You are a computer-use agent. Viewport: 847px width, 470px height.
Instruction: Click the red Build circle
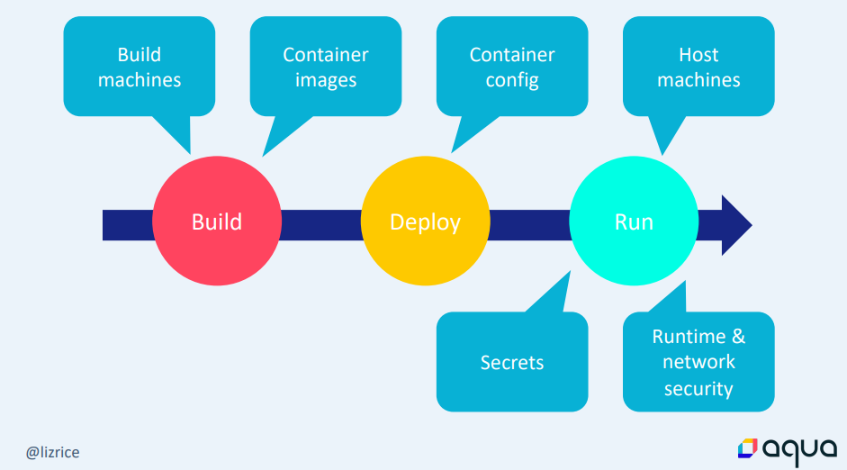tap(217, 221)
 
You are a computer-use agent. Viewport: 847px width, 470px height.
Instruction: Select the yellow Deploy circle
tap(425, 221)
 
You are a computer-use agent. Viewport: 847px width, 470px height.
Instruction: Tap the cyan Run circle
tap(634, 221)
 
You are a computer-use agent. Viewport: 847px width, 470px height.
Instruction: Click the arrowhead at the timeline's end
tap(735, 224)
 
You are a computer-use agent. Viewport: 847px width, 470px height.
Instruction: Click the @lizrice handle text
tap(52, 451)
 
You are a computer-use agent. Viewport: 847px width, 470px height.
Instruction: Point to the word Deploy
tap(425, 221)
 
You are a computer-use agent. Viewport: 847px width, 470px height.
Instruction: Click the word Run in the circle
tap(634, 221)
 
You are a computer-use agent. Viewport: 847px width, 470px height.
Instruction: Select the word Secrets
tap(512, 363)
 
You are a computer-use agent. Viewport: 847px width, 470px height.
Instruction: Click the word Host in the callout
tap(698, 55)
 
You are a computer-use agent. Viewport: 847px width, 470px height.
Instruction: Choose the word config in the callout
tap(512, 80)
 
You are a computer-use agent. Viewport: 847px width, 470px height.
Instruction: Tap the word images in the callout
tap(326, 80)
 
